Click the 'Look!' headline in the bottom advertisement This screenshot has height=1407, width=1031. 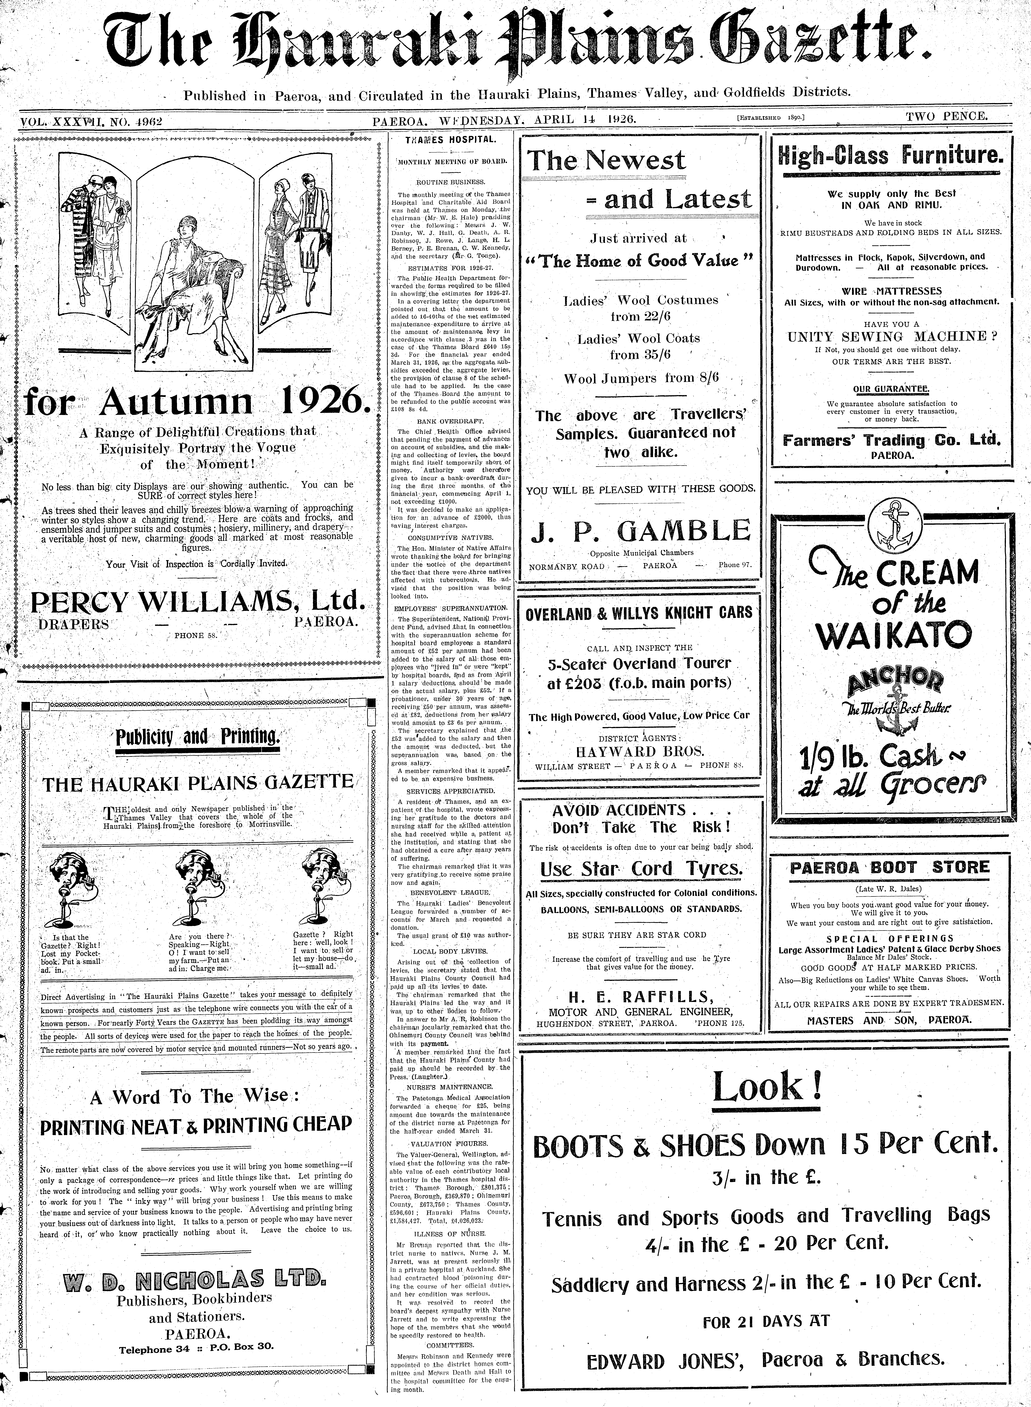(767, 1088)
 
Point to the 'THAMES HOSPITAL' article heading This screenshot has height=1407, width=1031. (451, 140)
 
